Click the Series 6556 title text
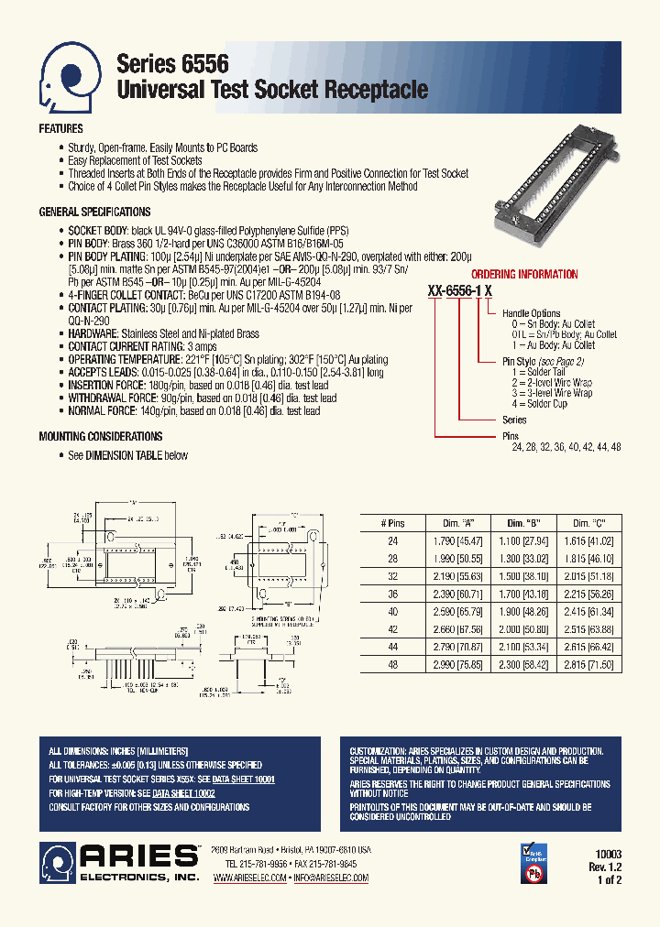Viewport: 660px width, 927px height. tap(172, 63)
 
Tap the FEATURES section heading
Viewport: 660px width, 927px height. tap(60, 129)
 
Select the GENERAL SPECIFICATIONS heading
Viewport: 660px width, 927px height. tap(94, 212)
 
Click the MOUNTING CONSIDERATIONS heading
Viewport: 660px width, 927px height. tap(101, 437)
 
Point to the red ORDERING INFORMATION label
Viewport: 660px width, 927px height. tap(524, 274)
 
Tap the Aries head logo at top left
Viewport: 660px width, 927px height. tap(70, 76)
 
